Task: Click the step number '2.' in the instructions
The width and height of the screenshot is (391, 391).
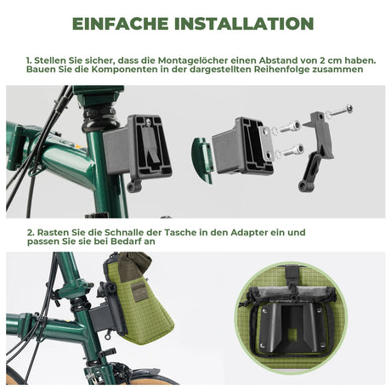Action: pos(30,232)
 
